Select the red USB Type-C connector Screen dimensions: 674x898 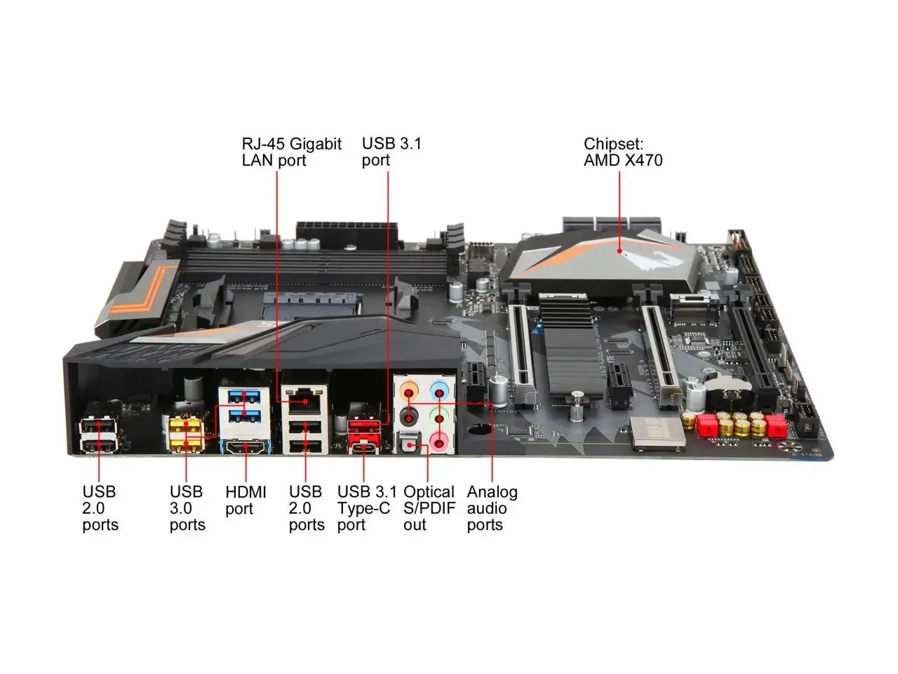[x=365, y=449]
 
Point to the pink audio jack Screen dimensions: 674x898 [x=439, y=442]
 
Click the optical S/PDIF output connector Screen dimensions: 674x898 [x=409, y=444]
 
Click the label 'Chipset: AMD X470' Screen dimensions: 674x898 [x=622, y=152]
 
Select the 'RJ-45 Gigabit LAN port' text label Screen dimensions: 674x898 [x=291, y=152]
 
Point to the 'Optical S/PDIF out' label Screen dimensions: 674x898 [x=429, y=508]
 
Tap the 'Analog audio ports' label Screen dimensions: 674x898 [x=492, y=508]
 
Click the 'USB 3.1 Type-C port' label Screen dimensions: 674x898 [x=366, y=508]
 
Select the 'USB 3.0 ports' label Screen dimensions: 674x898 [x=187, y=508]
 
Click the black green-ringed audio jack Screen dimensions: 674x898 [x=408, y=418]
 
